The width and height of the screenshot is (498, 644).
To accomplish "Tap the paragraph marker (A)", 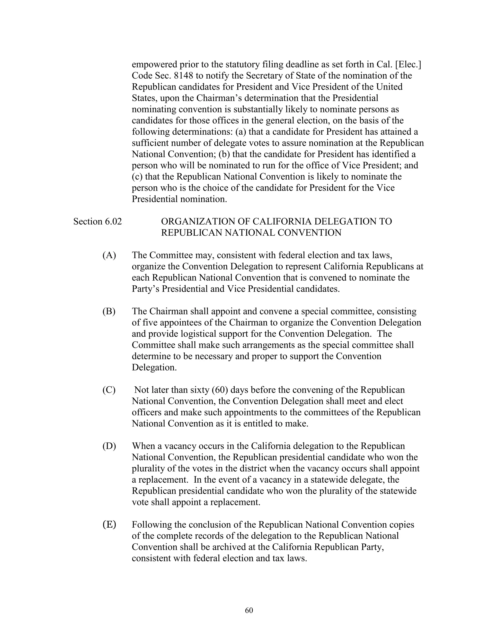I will click(x=109, y=255).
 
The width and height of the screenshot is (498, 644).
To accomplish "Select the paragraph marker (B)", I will click(x=109, y=311).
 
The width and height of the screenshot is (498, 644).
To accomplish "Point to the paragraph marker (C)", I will click(x=109, y=390).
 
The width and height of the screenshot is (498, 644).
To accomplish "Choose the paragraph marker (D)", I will click(x=109, y=446).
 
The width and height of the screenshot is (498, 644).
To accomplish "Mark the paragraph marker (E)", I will click(x=109, y=525).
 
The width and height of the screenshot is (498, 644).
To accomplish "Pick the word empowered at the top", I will click(x=154, y=64).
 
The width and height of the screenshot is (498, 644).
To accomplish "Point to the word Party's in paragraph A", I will click(x=145, y=289).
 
